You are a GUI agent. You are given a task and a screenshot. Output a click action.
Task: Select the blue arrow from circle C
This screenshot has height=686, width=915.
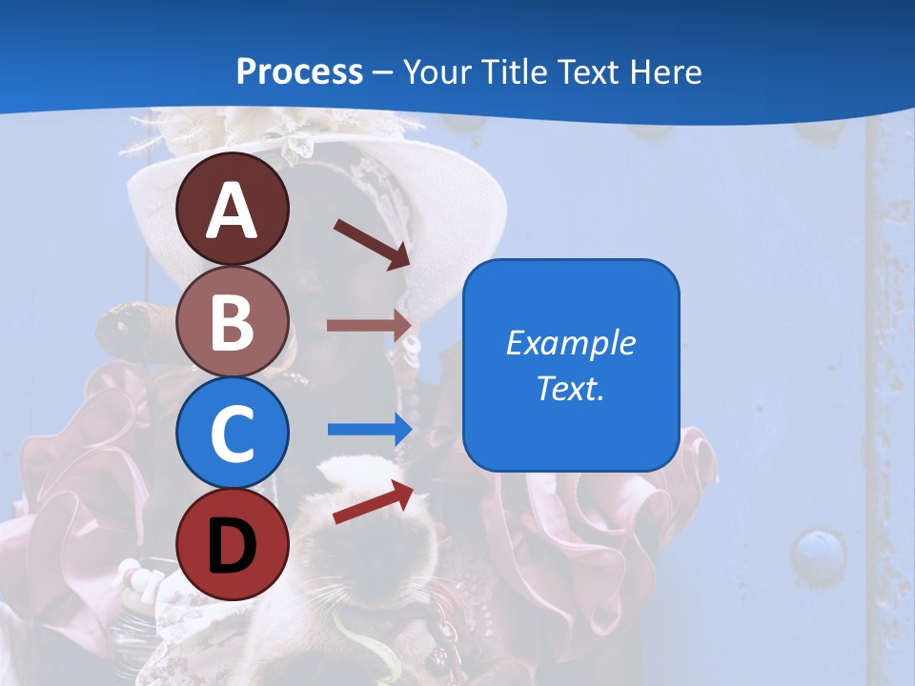pos(370,429)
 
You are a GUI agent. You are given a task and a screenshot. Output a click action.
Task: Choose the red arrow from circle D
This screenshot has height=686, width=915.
pos(373,502)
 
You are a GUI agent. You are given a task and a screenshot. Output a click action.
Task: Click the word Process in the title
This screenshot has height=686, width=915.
pos(299,71)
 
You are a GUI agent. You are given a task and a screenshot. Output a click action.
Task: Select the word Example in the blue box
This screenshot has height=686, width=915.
pos(570,343)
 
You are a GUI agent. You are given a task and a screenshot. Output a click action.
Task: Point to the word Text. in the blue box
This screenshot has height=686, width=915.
pos(570,388)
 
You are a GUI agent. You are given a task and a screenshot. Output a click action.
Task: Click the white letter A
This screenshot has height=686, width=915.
pos(232,212)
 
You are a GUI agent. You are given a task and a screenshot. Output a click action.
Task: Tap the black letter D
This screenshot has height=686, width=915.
pos(232,547)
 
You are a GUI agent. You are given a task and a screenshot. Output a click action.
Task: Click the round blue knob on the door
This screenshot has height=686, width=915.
pos(819,553)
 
